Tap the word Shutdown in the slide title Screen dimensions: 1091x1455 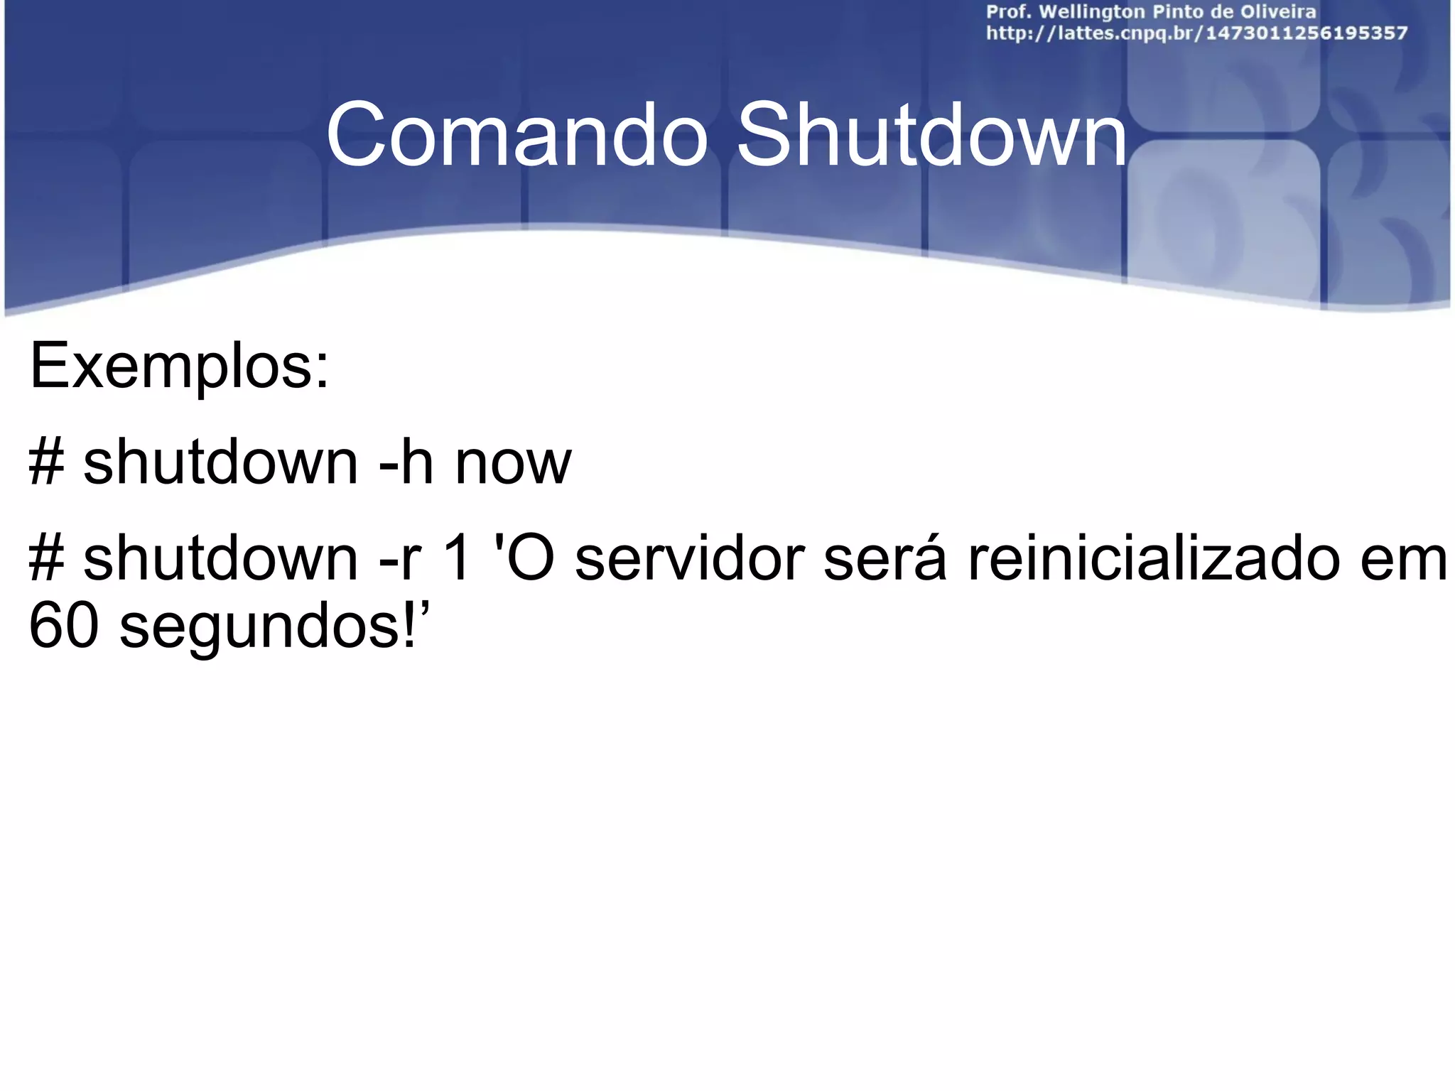click(931, 135)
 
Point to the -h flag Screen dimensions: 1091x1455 click(406, 463)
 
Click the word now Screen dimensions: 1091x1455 click(513, 463)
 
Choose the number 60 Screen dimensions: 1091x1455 click(63, 626)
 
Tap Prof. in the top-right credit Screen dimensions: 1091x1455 click(1008, 12)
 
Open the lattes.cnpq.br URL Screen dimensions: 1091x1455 click(1196, 33)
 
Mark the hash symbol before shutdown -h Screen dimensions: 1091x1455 click(46, 463)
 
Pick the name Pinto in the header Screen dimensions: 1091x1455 click(1179, 12)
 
